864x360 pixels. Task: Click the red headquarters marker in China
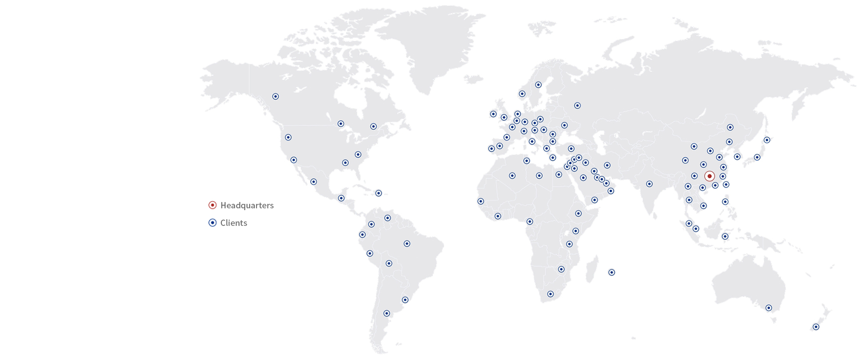(x=709, y=176)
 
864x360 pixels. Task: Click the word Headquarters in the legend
(x=247, y=205)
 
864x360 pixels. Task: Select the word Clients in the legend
(x=234, y=223)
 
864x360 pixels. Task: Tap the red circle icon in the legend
(x=212, y=205)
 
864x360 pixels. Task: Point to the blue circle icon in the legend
(x=212, y=223)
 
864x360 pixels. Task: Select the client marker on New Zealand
(x=815, y=327)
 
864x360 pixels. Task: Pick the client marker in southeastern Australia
(x=769, y=308)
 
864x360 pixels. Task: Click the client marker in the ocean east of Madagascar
(x=612, y=272)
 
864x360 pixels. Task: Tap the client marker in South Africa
(x=550, y=294)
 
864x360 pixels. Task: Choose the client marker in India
(x=649, y=184)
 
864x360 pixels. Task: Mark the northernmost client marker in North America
(x=275, y=96)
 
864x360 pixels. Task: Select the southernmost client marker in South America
(x=387, y=313)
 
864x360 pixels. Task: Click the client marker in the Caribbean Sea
(x=378, y=193)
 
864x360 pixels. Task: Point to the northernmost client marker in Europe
(x=538, y=85)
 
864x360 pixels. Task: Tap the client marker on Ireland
(x=493, y=114)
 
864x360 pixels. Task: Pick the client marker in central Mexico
(x=314, y=182)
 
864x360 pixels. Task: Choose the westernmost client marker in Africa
(x=481, y=202)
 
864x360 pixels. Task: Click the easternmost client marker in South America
(x=407, y=243)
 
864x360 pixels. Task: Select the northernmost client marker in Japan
(x=767, y=140)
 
